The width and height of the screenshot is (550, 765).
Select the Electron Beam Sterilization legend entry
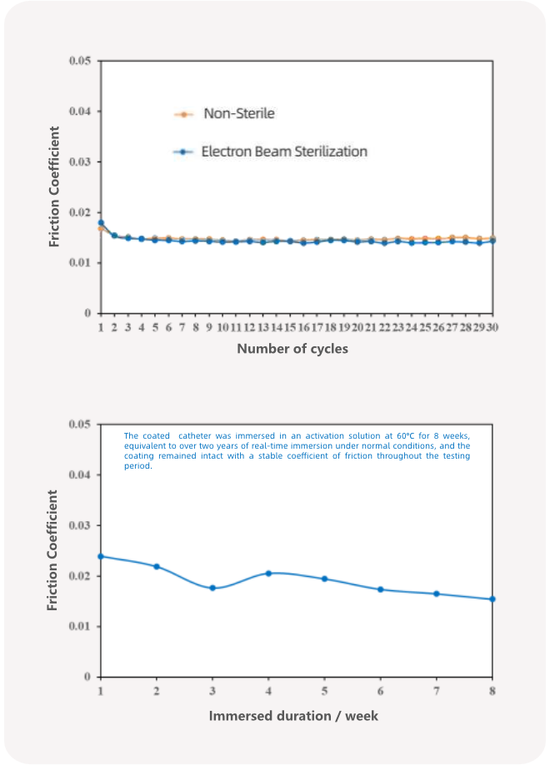(x=283, y=152)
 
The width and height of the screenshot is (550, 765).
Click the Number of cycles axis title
(x=292, y=349)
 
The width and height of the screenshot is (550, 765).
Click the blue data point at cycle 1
(x=101, y=222)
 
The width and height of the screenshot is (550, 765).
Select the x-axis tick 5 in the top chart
(x=155, y=328)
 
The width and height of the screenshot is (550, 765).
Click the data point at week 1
(x=101, y=556)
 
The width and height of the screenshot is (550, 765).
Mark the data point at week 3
(x=212, y=588)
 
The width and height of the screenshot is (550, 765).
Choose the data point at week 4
(x=268, y=573)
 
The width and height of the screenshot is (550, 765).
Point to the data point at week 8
(x=492, y=599)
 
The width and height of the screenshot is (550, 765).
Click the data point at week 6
(x=380, y=589)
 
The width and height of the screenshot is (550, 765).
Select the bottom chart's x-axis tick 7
(x=436, y=692)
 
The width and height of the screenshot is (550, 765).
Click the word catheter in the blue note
(x=193, y=436)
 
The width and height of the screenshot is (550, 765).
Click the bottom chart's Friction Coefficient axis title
(x=54, y=550)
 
